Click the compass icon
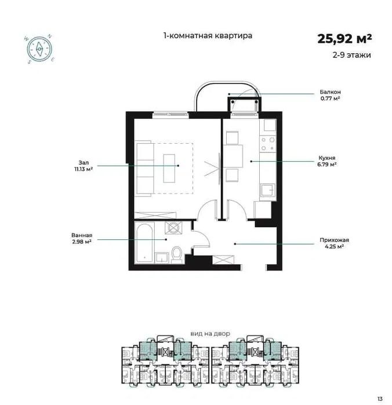[x=39, y=49]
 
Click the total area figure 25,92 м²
[x=344, y=39]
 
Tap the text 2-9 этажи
[x=351, y=55]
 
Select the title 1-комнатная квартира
[x=208, y=35]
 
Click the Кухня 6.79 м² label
[x=327, y=161]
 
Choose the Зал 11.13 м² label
[x=84, y=166]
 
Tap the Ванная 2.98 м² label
[x=82, y=238]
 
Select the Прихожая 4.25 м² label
[x=334, y=243]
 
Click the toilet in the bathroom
[x=177, y=255]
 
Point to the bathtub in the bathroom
[x=144, y=243]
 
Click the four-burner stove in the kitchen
[x=268, y=144]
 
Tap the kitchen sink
[x=268, y=190]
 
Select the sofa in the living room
[x=144, y=169]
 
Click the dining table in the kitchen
[x=233, y=156]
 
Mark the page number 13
[x=380, y=399]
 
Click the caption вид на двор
[x=210, y=334]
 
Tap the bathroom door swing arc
[x=204, y=236]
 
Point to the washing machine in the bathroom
[x=173, y=228]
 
